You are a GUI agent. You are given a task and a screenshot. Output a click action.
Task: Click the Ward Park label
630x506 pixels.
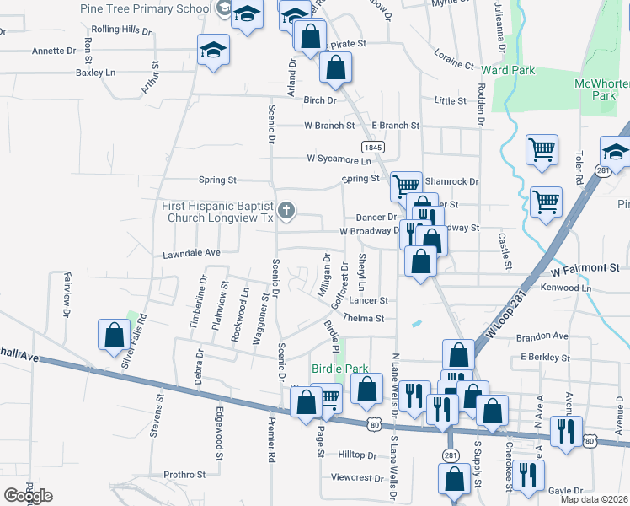(x=509, y=70)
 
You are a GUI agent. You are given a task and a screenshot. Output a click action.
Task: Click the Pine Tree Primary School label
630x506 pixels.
(x=146, y=8)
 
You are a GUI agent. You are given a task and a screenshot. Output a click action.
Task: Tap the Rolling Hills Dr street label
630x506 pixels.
(x=120, y=31)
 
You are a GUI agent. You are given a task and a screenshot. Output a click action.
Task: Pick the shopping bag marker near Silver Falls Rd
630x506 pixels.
(x=113, y=335)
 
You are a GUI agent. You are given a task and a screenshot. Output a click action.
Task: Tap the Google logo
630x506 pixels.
(x=28, y=496)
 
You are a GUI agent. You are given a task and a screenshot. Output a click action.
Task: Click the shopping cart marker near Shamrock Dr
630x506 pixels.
(x=407, y=186)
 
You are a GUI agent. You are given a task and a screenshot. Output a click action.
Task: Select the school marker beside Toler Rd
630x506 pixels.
(x=615, y=153)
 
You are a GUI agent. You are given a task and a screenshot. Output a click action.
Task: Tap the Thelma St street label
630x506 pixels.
(x=363, y=319)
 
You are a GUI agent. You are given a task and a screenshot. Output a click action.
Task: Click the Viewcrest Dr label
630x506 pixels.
(x=357, y=477)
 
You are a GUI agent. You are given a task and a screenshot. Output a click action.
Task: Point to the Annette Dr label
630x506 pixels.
(x=54, y=51)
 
